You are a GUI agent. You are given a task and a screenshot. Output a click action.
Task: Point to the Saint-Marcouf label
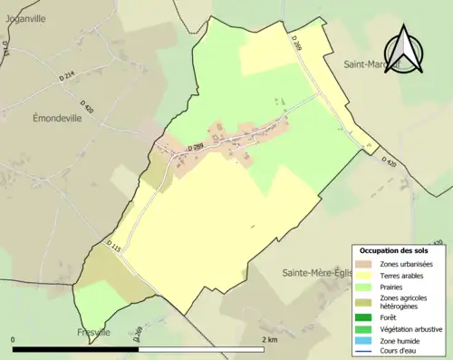(371, 64)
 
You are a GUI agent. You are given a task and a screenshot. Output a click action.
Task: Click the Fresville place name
(95, 332)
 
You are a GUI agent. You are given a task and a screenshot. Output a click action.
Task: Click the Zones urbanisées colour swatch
(367, 263)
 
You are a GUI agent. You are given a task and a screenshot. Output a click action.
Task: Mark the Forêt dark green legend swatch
(367, 317)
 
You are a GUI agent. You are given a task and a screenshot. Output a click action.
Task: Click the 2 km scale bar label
(269, 339)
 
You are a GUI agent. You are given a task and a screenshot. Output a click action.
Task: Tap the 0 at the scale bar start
(14, 339)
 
